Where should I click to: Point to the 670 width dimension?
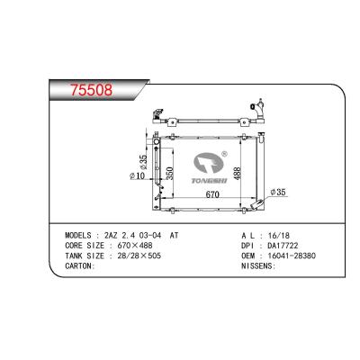(213, 193)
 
